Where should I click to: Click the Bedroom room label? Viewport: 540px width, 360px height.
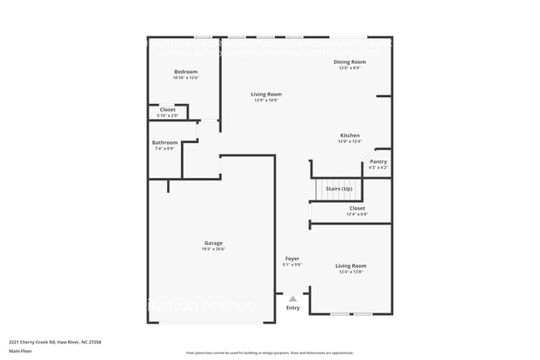point(185,72)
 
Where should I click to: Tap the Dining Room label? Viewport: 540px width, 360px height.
point(350,62)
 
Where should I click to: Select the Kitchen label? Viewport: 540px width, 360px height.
point(350,136)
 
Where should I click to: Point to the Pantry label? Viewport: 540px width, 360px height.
point(378,161)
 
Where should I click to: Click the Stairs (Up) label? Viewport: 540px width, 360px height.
point(338,189)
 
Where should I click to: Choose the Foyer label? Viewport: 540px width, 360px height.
point(292,259)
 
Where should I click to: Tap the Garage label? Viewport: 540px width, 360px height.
point(214,243)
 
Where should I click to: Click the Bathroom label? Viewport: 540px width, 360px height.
point(164,143)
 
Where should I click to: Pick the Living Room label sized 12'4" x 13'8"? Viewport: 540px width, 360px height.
point(352,266)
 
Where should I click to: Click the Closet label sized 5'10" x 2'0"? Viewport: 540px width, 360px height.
point(168,110)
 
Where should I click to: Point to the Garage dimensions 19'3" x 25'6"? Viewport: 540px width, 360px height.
point(214,249)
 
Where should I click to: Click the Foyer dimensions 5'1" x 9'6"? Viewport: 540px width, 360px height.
point(292,264)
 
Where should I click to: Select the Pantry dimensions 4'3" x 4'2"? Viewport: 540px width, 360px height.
point(378,167)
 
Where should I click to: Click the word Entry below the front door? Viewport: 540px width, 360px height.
point(292,308)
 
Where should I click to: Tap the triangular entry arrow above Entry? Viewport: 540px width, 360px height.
point(292,298)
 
